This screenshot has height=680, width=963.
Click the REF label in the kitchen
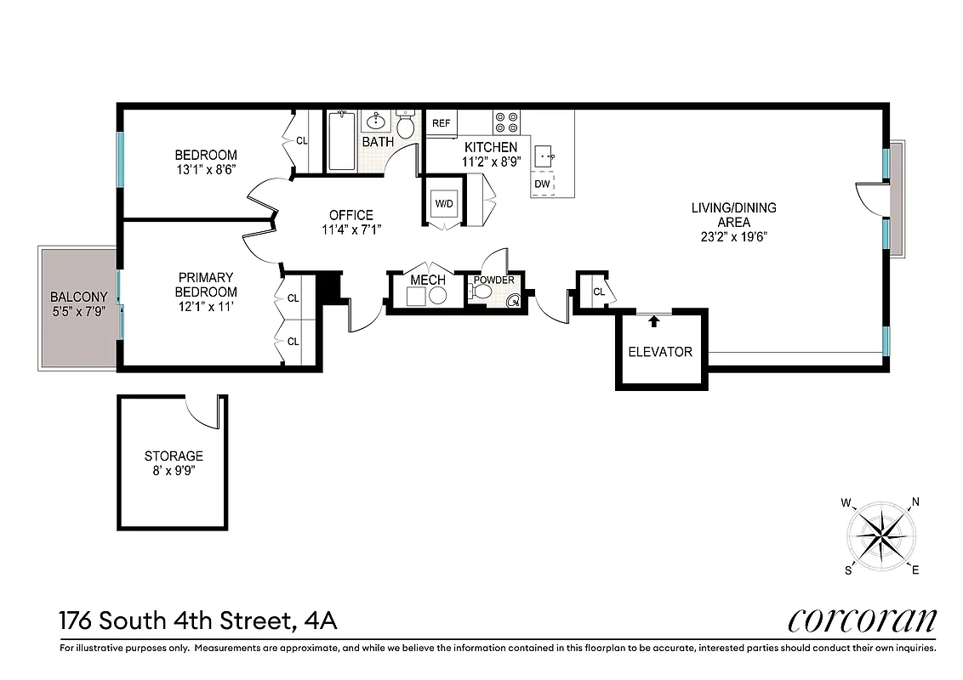[x=441, y=123]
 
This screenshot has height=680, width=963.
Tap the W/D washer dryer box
[x=444, y=204]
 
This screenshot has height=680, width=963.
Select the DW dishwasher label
[x=542, y=184]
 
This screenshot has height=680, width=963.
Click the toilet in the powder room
[x=481, y=292]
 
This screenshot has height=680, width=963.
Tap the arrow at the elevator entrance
[x=653, y=320]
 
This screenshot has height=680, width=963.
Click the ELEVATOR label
[x=660, y=351]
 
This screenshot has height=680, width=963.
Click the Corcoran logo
[x=862, y=620]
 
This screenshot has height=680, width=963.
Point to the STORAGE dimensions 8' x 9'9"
[x=174, y=469]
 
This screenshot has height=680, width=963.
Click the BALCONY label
[x=79, y=297]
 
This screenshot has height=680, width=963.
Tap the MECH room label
[x=428, y=280]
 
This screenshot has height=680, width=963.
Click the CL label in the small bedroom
[x=301, y=141]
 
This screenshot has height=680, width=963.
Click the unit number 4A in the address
[x=321, y=620]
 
